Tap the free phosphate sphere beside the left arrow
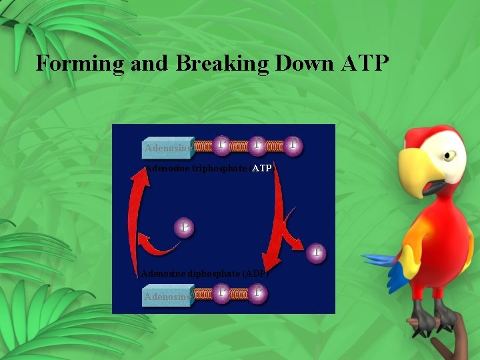(184, 229)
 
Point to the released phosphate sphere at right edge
(317, 253)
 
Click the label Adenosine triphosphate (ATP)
(208, 169)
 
